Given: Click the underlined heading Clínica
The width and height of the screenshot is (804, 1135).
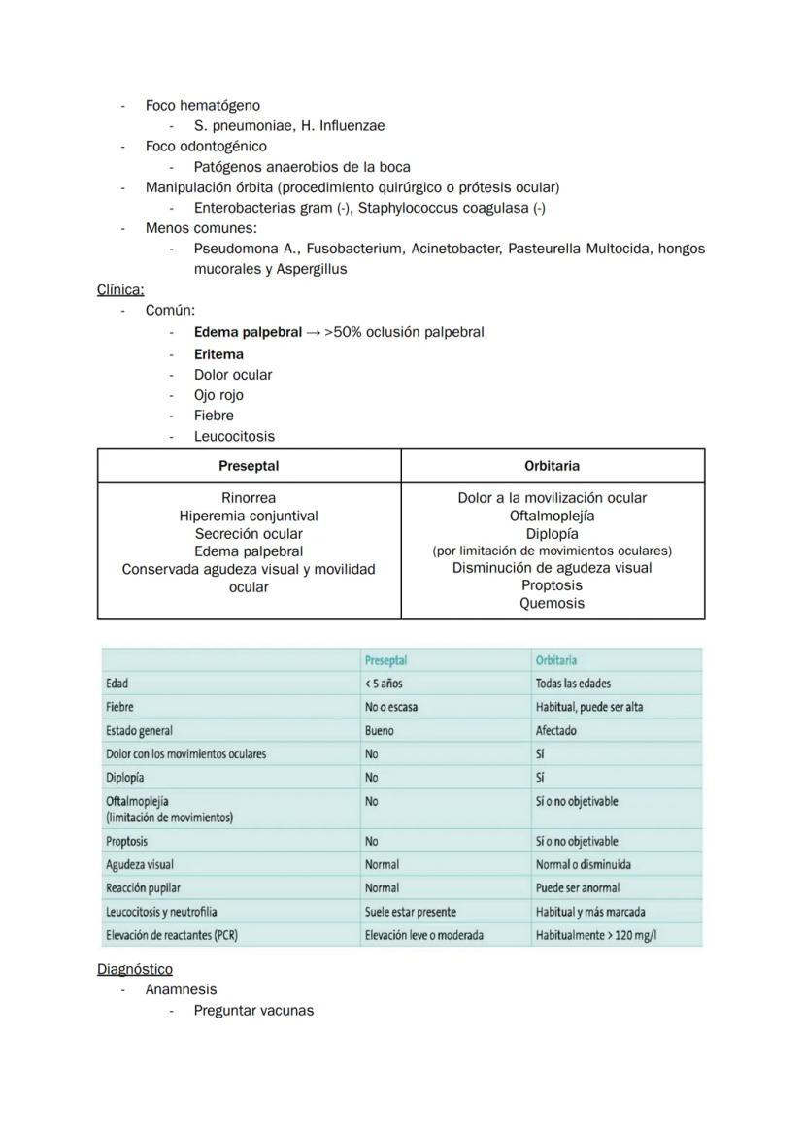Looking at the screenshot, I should [120, 289].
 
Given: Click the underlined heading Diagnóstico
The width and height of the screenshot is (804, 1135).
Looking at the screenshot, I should [135, 969].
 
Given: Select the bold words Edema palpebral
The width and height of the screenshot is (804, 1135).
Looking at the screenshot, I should [248, 332].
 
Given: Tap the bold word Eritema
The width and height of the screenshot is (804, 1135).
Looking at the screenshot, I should [218, 354].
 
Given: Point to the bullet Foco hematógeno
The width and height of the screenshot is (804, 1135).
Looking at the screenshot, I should [203, 105].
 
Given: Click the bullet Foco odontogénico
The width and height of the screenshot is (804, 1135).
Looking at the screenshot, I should [206, 146].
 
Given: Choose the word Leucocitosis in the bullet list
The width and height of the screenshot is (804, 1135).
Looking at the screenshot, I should [234, 437].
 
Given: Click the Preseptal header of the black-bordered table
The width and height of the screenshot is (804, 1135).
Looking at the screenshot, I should [249, 466].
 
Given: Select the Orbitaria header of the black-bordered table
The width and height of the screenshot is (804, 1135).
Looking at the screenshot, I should [552, 466].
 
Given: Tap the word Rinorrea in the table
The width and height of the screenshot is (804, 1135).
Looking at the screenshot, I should [249, 498].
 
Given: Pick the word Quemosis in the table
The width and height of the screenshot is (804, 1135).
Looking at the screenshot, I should [552, 603].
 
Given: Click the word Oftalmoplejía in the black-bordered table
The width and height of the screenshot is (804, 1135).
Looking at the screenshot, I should [552, 516].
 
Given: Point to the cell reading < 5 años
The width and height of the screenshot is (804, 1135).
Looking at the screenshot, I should [384, 684].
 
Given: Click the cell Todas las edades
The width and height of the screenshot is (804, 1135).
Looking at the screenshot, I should [573, 684].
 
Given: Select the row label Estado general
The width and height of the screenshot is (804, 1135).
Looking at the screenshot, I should [139, 730].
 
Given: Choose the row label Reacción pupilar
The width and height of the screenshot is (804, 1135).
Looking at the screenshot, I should [143, 887].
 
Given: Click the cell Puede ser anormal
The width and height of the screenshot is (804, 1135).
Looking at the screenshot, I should [577, 887].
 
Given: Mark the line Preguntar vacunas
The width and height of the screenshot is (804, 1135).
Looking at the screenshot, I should [253, 1011].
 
